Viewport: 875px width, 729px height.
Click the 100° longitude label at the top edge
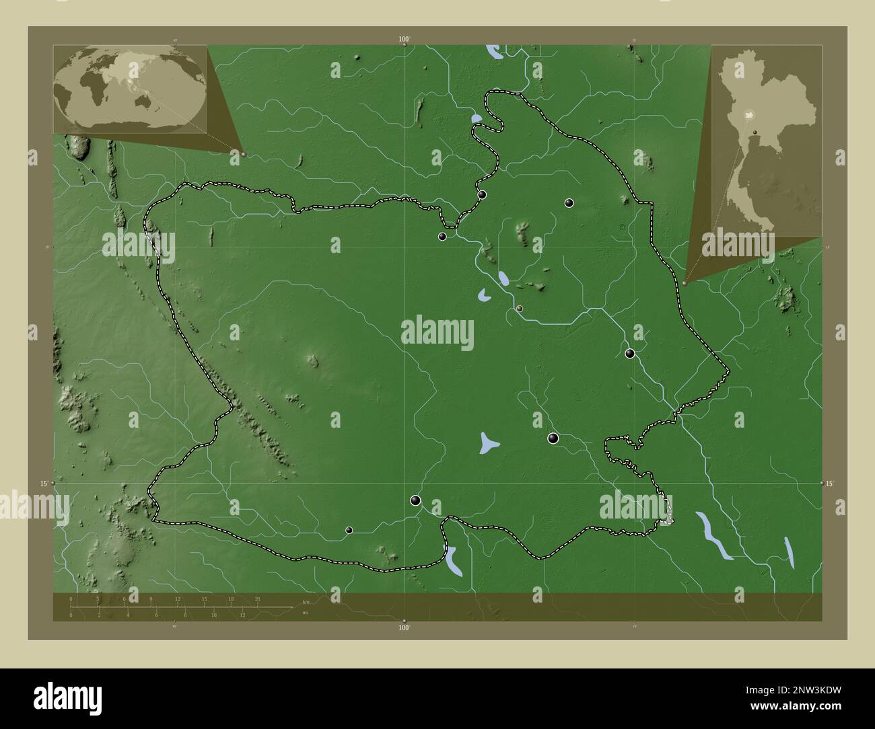[x=404, y=40]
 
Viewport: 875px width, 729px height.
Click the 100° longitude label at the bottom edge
[x=404, y=628]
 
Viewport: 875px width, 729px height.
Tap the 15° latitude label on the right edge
[x=830, y=484]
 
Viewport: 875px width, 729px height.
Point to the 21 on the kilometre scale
[x=257, y=599]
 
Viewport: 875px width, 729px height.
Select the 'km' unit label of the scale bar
[x=306, y=602]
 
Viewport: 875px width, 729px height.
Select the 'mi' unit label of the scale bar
[x=305, y=613]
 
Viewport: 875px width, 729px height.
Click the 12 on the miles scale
[x=242, y=615]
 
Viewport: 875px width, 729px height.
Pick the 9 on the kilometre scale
[x=151, y=599]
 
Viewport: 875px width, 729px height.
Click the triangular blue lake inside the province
[x=489, y=443]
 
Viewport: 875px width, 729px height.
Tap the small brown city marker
[x=520, y=308]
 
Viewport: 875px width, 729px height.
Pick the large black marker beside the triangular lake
[x=553, y=438]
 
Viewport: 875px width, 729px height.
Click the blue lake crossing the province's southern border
[x=452, y=560]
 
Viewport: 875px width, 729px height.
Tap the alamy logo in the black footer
[x=68, y=697]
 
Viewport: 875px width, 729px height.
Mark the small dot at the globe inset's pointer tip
[x=243, y=154]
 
